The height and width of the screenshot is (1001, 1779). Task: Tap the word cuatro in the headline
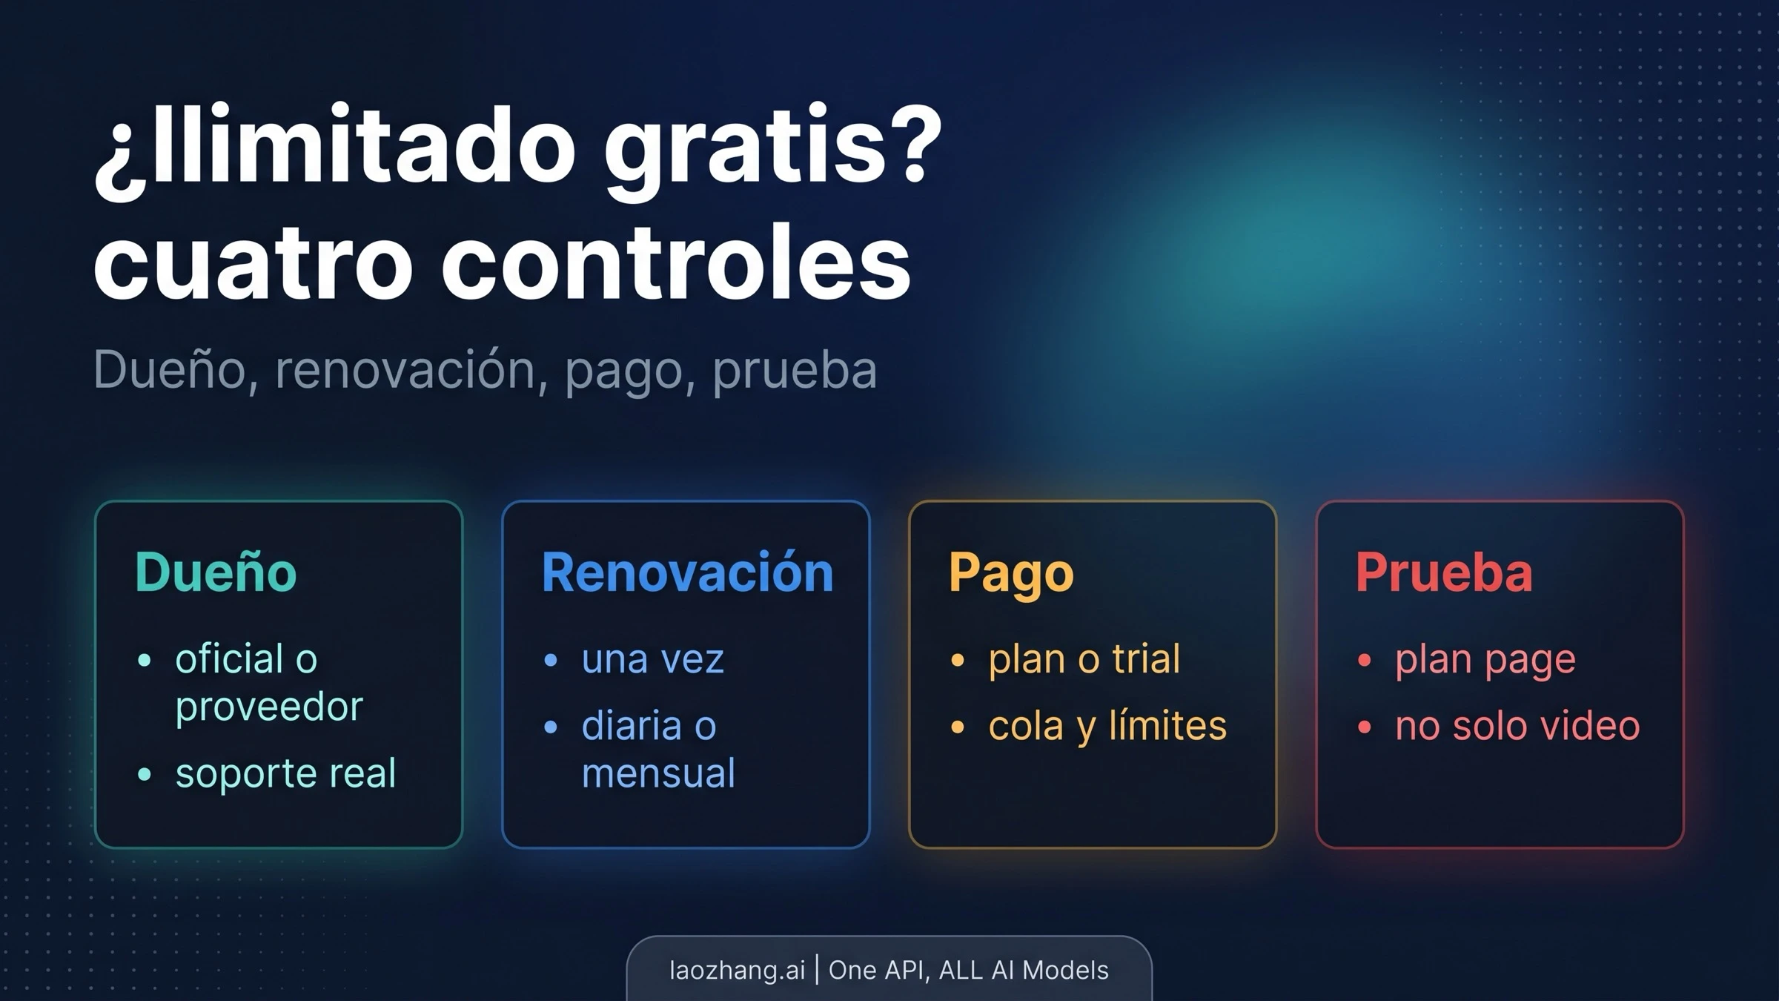click(252, 264)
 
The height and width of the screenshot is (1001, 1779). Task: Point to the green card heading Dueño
click(216, 573)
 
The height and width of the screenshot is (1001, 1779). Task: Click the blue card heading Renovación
click(687, 573)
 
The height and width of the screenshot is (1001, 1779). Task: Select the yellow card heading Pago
click(1011, 573)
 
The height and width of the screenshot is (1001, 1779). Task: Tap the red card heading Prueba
click(1444, 573)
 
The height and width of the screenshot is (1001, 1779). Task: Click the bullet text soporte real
click(285, 773)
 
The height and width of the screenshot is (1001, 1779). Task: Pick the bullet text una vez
click(652, 659)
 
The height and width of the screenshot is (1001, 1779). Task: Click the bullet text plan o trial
click(1084, 659)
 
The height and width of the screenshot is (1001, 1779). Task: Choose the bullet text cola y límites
click(1107, 726)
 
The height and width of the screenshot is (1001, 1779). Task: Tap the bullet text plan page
click(1485, 659)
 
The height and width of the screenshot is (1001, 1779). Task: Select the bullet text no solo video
click(1517, 726)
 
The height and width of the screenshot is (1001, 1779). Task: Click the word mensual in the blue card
click(658, 773)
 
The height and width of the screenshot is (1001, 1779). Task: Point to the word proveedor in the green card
click(269, 707)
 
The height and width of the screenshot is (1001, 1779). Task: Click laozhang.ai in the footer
click(737, 971)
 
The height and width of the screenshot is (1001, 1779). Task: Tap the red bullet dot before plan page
click(1365, 660)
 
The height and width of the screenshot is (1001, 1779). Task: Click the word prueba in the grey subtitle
click(795, 369)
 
